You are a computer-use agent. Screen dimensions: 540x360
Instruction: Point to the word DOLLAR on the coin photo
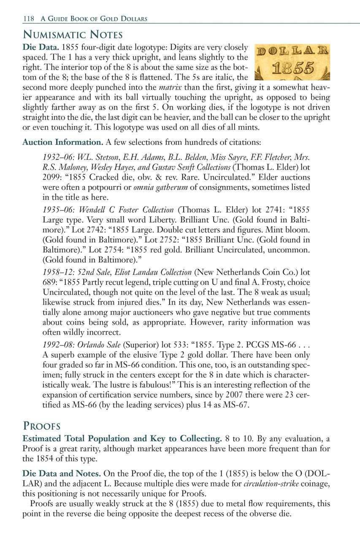pyautogui.click(x=292, y=51)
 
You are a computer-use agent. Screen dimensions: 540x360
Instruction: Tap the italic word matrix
pyautogui.click(x=173, y=88)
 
